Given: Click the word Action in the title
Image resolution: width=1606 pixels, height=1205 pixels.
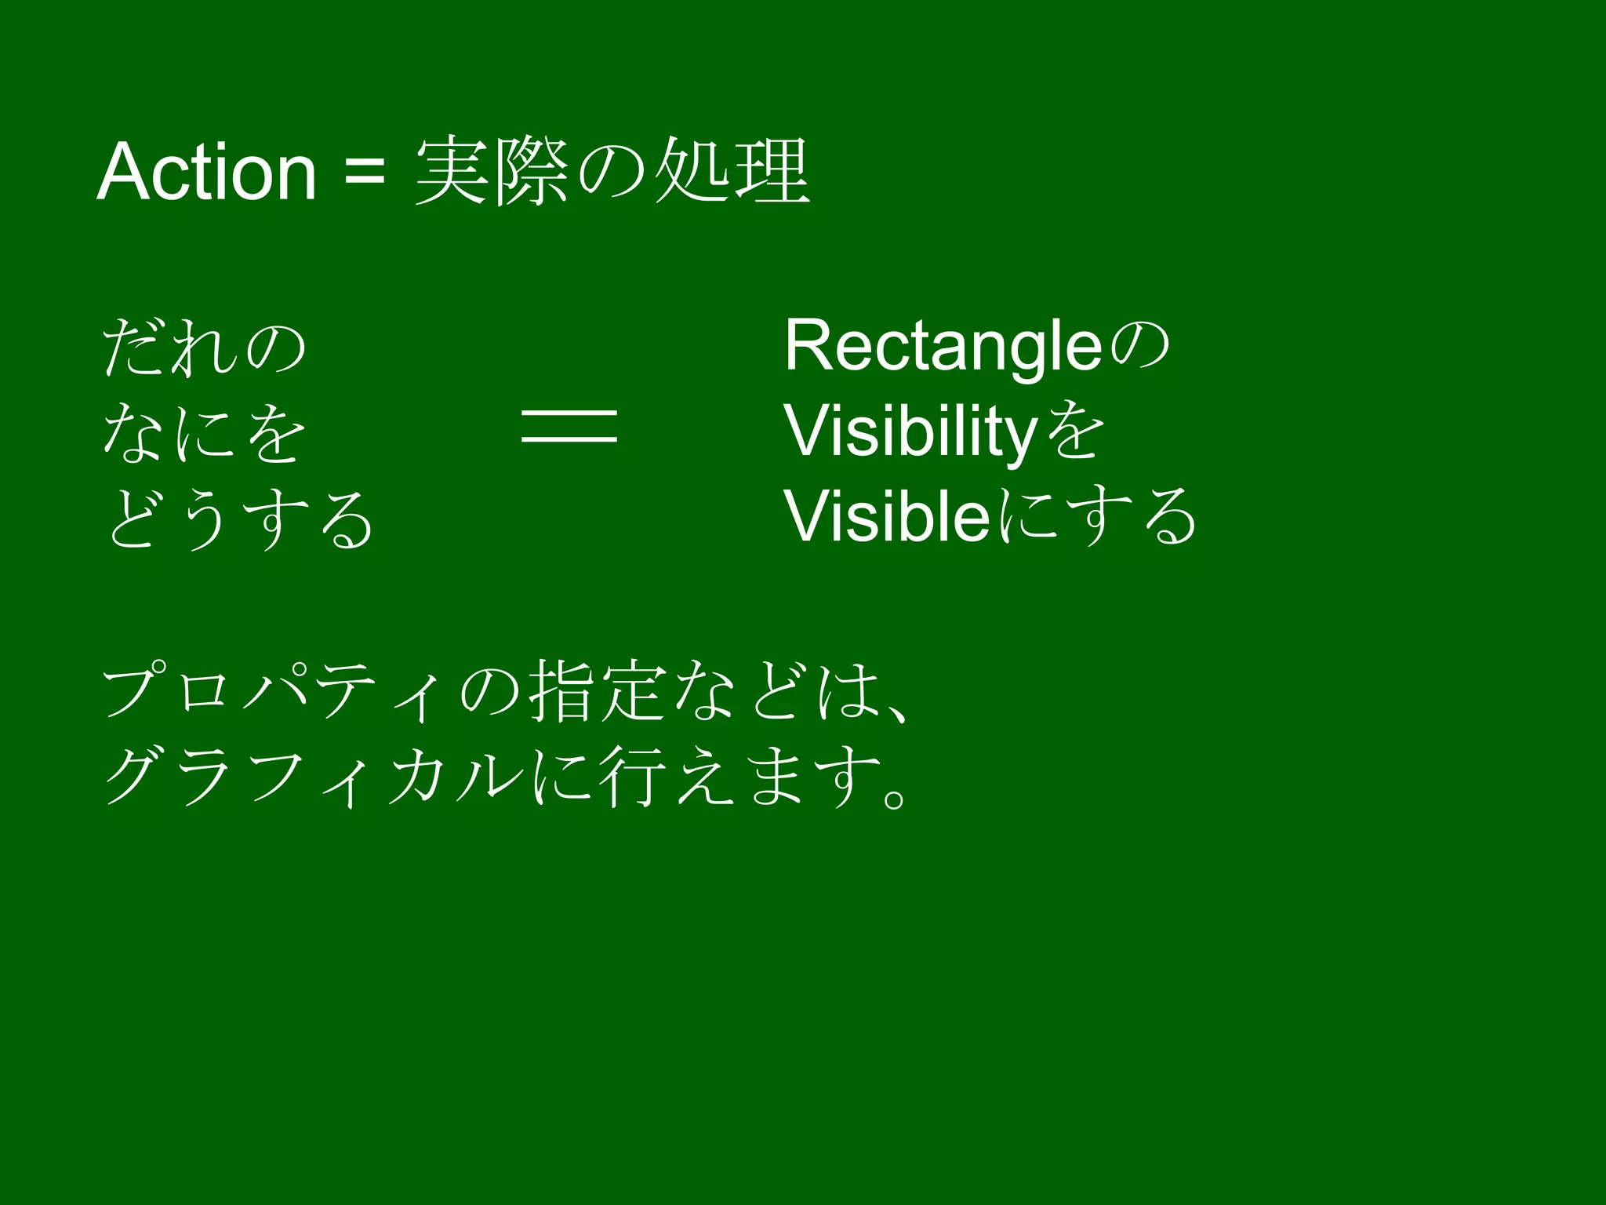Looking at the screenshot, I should click(206, 172).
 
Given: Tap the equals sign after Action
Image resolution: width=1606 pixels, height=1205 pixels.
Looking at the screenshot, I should click(365, 172).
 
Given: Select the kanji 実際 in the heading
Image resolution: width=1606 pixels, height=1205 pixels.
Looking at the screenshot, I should click(492, 172).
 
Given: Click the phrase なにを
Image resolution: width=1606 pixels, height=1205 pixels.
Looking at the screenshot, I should click(204, 433).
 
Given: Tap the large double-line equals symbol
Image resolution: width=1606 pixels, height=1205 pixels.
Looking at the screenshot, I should click(569, 426).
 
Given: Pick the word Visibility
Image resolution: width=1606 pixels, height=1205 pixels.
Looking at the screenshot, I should click(910, 433).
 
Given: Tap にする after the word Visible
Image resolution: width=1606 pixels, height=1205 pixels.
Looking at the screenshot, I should click(1098, 517).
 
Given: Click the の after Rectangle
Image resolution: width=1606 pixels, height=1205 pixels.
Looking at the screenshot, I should click(1138, 347).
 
